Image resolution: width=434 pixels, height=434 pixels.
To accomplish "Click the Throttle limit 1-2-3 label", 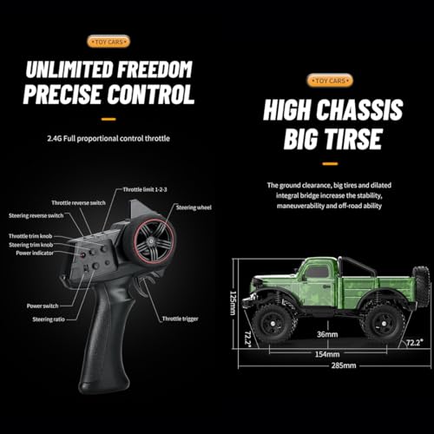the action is tap(145, 190).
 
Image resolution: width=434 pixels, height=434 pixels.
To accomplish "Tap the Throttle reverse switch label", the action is tap(78, 203).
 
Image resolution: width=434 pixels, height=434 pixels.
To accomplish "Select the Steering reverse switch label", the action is tap(36, 215).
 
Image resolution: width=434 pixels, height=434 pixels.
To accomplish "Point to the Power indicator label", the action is tap(35, 253).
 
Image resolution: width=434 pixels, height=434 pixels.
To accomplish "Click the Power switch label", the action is tap(43, 306).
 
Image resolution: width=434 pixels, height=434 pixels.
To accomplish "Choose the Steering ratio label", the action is tap(49, 319).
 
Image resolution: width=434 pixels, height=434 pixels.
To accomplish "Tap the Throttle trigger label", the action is tap(181, 319).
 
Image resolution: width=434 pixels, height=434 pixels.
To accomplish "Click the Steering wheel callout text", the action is tap(194, 207).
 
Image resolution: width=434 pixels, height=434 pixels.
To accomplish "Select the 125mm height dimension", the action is tap(233, 303).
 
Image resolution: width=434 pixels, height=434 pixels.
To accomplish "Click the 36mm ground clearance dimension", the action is tap(327, 334).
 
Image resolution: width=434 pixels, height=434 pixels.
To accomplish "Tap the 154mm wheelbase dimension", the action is tap(327, 354).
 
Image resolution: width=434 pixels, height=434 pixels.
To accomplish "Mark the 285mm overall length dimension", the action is tap(344, 365).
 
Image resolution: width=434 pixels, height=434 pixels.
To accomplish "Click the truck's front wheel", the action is tap(273, 323).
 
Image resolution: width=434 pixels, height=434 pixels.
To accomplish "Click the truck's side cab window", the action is tap(318, 273).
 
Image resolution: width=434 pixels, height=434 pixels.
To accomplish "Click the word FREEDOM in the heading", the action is tap(155, 69).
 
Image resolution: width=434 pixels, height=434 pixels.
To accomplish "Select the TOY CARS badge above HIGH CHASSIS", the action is tap(330, 81).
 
